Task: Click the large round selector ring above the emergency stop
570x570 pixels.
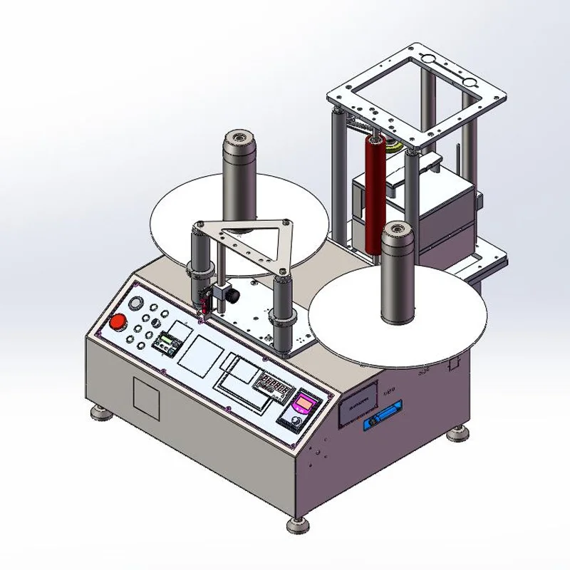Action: pos(135,303)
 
